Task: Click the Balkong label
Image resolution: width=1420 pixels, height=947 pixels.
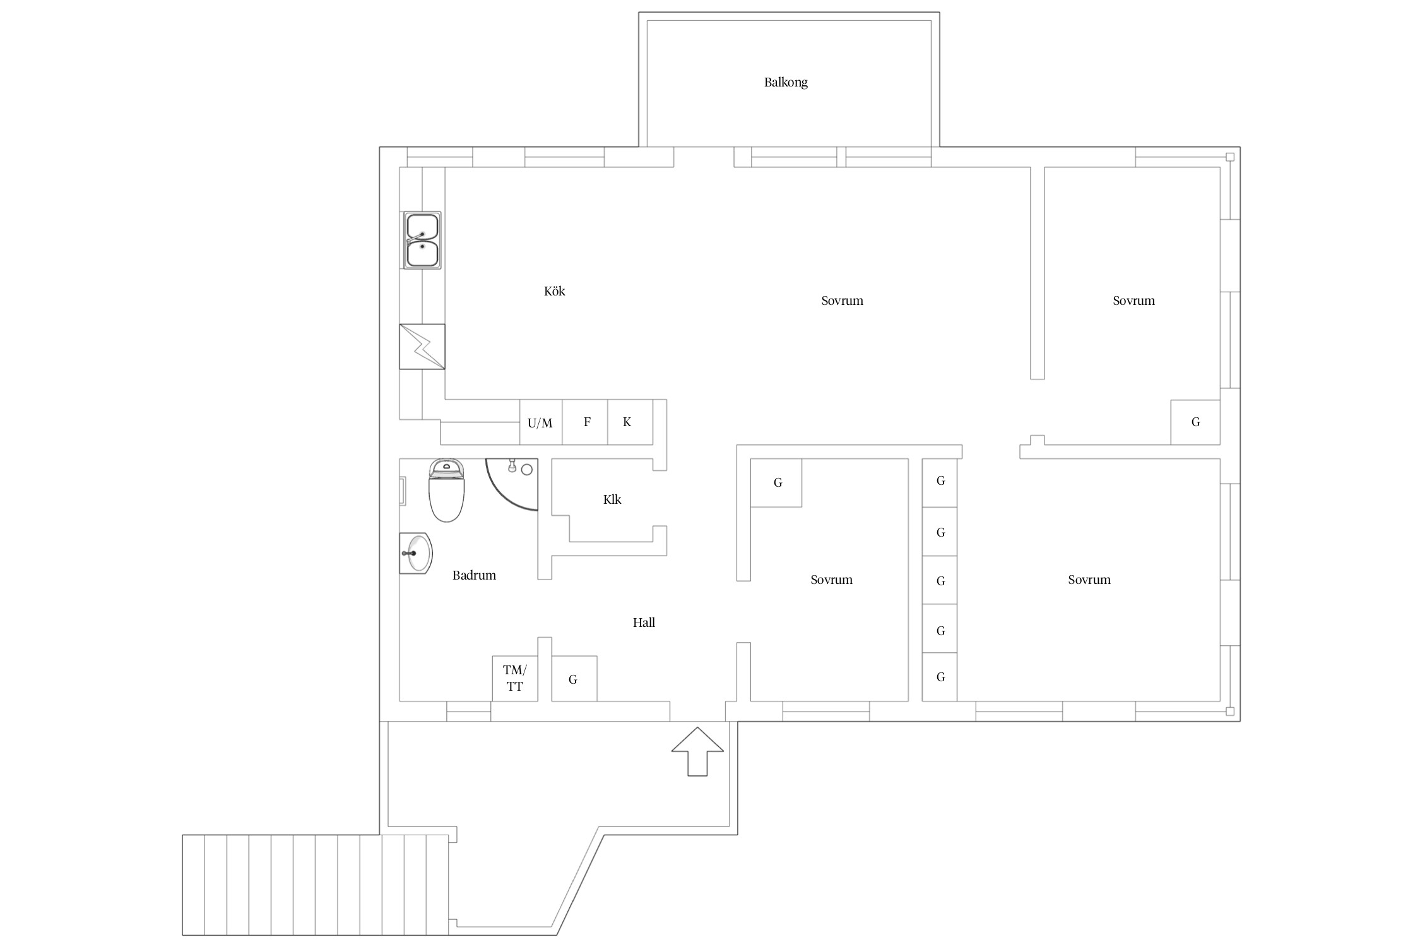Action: [786, 82]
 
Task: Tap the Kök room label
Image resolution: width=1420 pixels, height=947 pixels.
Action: [555, 291]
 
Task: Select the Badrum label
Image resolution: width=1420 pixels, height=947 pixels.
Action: [474, 575]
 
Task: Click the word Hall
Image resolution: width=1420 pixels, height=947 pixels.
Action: [644, 622]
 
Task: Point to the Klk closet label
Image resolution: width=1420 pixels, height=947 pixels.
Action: [612, 499]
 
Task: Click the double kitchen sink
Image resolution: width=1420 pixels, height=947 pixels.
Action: [422, 241]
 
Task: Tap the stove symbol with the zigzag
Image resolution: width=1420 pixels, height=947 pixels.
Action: [422, 347]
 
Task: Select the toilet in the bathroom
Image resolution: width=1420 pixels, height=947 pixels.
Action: [447, 491]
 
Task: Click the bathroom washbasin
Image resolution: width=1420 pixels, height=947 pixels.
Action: [415, 553]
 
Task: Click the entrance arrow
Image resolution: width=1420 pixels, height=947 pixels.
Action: [697, 751]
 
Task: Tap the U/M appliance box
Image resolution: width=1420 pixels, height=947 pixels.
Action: [541, 422]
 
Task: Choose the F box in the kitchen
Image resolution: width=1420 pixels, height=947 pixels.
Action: [585, 422]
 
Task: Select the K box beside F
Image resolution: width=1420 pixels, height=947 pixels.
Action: [630, 422]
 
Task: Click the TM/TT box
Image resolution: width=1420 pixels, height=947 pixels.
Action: [515, 679]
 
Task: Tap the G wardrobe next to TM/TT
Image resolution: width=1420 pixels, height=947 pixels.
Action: [574, 679]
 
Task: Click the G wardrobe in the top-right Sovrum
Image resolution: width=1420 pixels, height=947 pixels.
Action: [1195, 422]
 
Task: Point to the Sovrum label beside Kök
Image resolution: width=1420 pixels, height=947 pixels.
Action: [843, 301]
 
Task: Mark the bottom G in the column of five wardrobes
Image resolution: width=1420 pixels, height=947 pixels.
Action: [940, 677]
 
